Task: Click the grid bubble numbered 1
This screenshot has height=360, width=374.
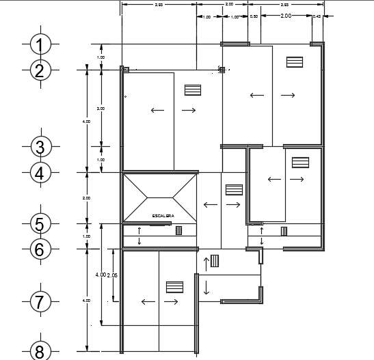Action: tap(40, 45)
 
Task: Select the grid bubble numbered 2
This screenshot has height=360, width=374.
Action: tap(40, 70)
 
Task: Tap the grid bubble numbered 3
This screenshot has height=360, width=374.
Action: tap(40, 147)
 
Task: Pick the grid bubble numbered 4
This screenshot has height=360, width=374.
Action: tap(40, 173)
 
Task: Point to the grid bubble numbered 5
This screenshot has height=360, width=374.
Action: tap(40, 223)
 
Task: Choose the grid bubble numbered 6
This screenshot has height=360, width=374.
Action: tap(40, 249)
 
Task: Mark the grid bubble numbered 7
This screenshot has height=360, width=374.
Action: tap(40, 301)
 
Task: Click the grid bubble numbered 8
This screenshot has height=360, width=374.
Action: tap(40, 352)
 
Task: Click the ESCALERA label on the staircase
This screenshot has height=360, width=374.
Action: tap(163, 216)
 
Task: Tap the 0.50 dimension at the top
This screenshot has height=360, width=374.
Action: tap(254, 16)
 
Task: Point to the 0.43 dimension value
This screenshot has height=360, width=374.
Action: tap(317, 16)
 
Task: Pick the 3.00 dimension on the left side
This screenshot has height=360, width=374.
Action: tap(101, 109)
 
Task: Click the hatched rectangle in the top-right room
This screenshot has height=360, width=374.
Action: tap(295, 61)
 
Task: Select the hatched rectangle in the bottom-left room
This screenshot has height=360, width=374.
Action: tap(174, 287)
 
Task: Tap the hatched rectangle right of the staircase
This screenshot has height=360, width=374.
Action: tap(235, 189)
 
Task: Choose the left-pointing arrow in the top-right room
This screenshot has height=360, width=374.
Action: tap(257, 95)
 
